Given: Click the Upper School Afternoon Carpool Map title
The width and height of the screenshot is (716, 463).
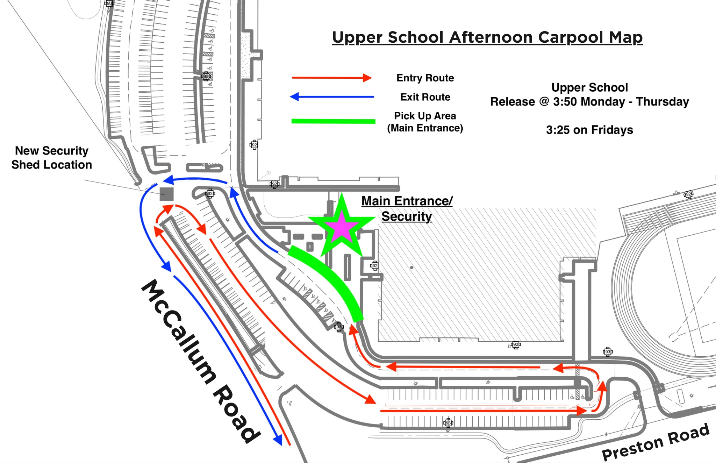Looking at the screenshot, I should pyautogui.click(x=487, y=37).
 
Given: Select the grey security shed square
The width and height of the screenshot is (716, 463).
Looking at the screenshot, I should pyautogui.click(x=166, y=194).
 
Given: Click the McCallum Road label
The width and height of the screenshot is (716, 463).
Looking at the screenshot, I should pyautogui.click(x=201, y=360).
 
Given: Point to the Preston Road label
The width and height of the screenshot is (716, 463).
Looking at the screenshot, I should pyautogui.click(x=656, y=442).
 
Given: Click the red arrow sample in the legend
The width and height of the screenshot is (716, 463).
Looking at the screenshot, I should pyautogui.click(x=332, y=78).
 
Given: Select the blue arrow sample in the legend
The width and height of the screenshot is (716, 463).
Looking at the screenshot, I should pyautogui.click(x=332, y=97).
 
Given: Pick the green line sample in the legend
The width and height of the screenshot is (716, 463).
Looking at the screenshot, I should pyautogui.click(x=333, y=121).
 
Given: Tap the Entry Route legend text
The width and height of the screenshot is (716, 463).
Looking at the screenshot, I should pyautogui.click(x=425, y=78).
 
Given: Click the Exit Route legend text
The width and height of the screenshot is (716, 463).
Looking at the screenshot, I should pyautogui.click(x=425, y=97).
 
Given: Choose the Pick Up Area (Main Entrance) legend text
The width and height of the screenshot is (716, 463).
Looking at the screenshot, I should pyautogui.click(x=425, y=122).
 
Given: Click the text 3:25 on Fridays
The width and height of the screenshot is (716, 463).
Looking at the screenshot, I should pyautogui.click(x=589, y=130).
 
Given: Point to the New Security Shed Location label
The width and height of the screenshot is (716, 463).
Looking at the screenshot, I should pyautogui.click(x=52, y=158).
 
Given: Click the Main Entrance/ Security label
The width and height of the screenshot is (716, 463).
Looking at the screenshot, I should pyautogui.click(x=407, y=208).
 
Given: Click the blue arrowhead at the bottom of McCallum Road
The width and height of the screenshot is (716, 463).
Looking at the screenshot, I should pyautogui.click(x=278, y=440).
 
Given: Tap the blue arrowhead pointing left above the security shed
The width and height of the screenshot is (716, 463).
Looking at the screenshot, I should pyautogui.click(x=169, y=180).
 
